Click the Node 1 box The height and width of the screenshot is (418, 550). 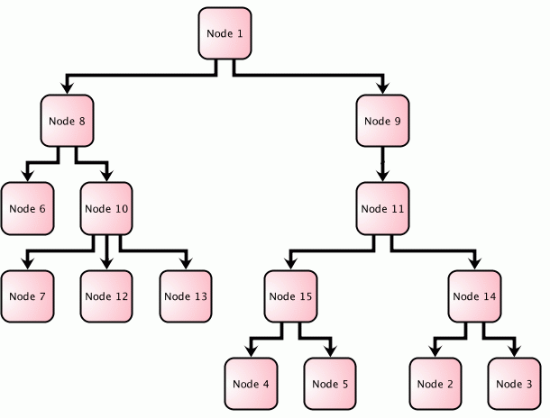coord(225,34)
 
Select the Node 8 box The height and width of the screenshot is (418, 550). coord(67,122)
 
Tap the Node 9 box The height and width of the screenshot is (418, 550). coord(383,122)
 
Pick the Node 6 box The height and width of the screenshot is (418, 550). coord(27,209)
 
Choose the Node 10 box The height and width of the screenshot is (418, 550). coord(106,209)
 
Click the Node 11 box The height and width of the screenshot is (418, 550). coord(383,209)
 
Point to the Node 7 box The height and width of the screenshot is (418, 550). coord(27,296)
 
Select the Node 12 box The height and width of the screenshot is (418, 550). coord(106,296)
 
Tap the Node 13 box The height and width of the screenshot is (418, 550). coord(187,296)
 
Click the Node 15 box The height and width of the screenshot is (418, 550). coord(291,296)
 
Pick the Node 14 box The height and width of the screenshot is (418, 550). coord(474,296)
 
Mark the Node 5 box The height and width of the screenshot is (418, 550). coord(331,384)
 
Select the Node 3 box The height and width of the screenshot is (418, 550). coord(515,384)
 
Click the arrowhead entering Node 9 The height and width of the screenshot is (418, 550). coord(383,88)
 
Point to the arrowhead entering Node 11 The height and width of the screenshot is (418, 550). coord(383,176)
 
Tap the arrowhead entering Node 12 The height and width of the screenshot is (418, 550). coord(106,263)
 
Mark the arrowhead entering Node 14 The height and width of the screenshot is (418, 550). coord(474,263)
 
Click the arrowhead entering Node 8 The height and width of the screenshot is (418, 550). coord(67,88)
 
